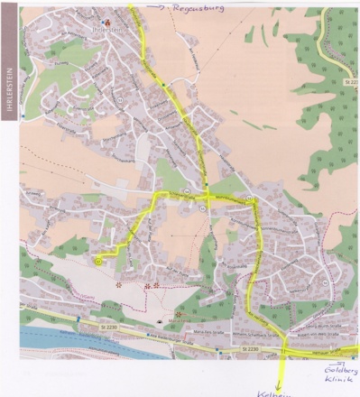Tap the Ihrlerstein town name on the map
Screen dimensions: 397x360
click(x=119, y=26)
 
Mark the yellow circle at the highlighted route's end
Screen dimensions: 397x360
click(x=97, y=260)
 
